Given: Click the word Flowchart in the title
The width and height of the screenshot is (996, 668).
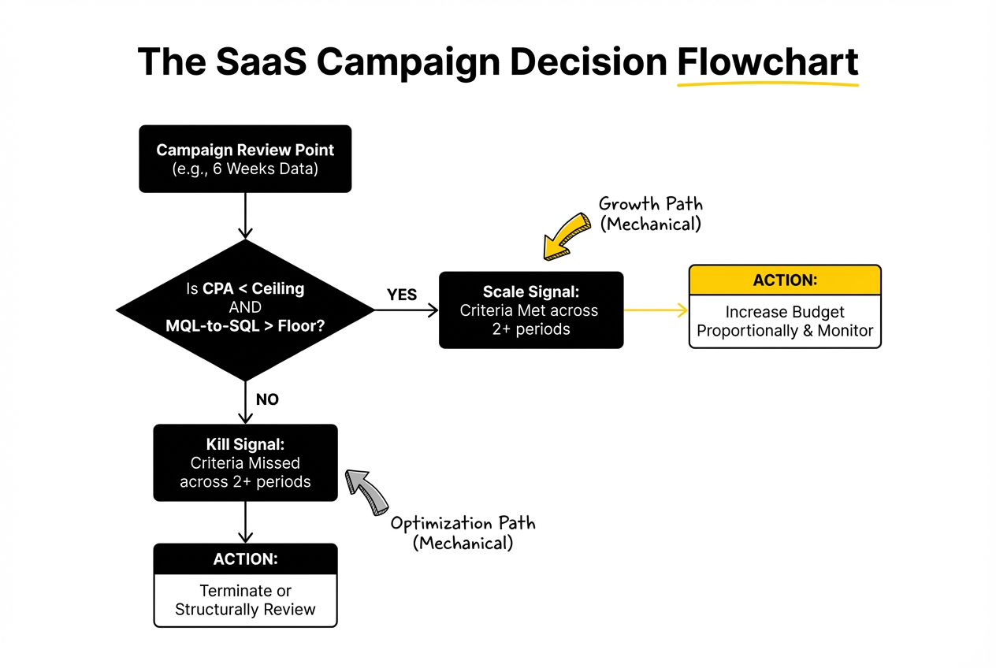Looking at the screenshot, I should (767, 61).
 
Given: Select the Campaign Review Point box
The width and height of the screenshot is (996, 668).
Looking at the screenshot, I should (245, 158).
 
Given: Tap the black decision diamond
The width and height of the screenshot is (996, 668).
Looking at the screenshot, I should (245, 308).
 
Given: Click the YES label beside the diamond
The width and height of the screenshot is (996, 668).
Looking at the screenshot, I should (402, 295).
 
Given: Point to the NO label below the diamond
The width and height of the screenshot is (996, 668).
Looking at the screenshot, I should (267, 399).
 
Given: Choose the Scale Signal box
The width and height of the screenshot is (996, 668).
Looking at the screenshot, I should (530, 310).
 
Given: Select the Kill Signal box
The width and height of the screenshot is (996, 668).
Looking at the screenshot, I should (245, 462).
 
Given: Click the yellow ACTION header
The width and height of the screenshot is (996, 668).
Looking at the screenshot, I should (785, 280).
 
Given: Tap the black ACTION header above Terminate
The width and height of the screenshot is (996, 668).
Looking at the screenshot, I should (245, 559).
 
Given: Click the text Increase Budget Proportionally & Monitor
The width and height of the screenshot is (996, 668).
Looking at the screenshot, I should (785, 321).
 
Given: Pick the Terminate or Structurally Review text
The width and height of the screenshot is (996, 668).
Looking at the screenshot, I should (245, 600).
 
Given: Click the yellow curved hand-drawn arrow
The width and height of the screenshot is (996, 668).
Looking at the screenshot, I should (566, 234).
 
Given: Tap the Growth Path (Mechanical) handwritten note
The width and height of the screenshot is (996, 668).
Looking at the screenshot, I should (650, 213).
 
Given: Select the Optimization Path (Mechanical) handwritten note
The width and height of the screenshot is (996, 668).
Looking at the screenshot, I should (463, 533).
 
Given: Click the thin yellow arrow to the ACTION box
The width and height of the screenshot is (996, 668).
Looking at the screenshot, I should (656, 310).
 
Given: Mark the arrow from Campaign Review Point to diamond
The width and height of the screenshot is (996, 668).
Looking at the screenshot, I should (245, 214).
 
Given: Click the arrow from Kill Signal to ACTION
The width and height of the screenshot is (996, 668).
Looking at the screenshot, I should (245, 521).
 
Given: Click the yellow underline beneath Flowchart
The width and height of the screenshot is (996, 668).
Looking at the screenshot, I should (767, 83).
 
